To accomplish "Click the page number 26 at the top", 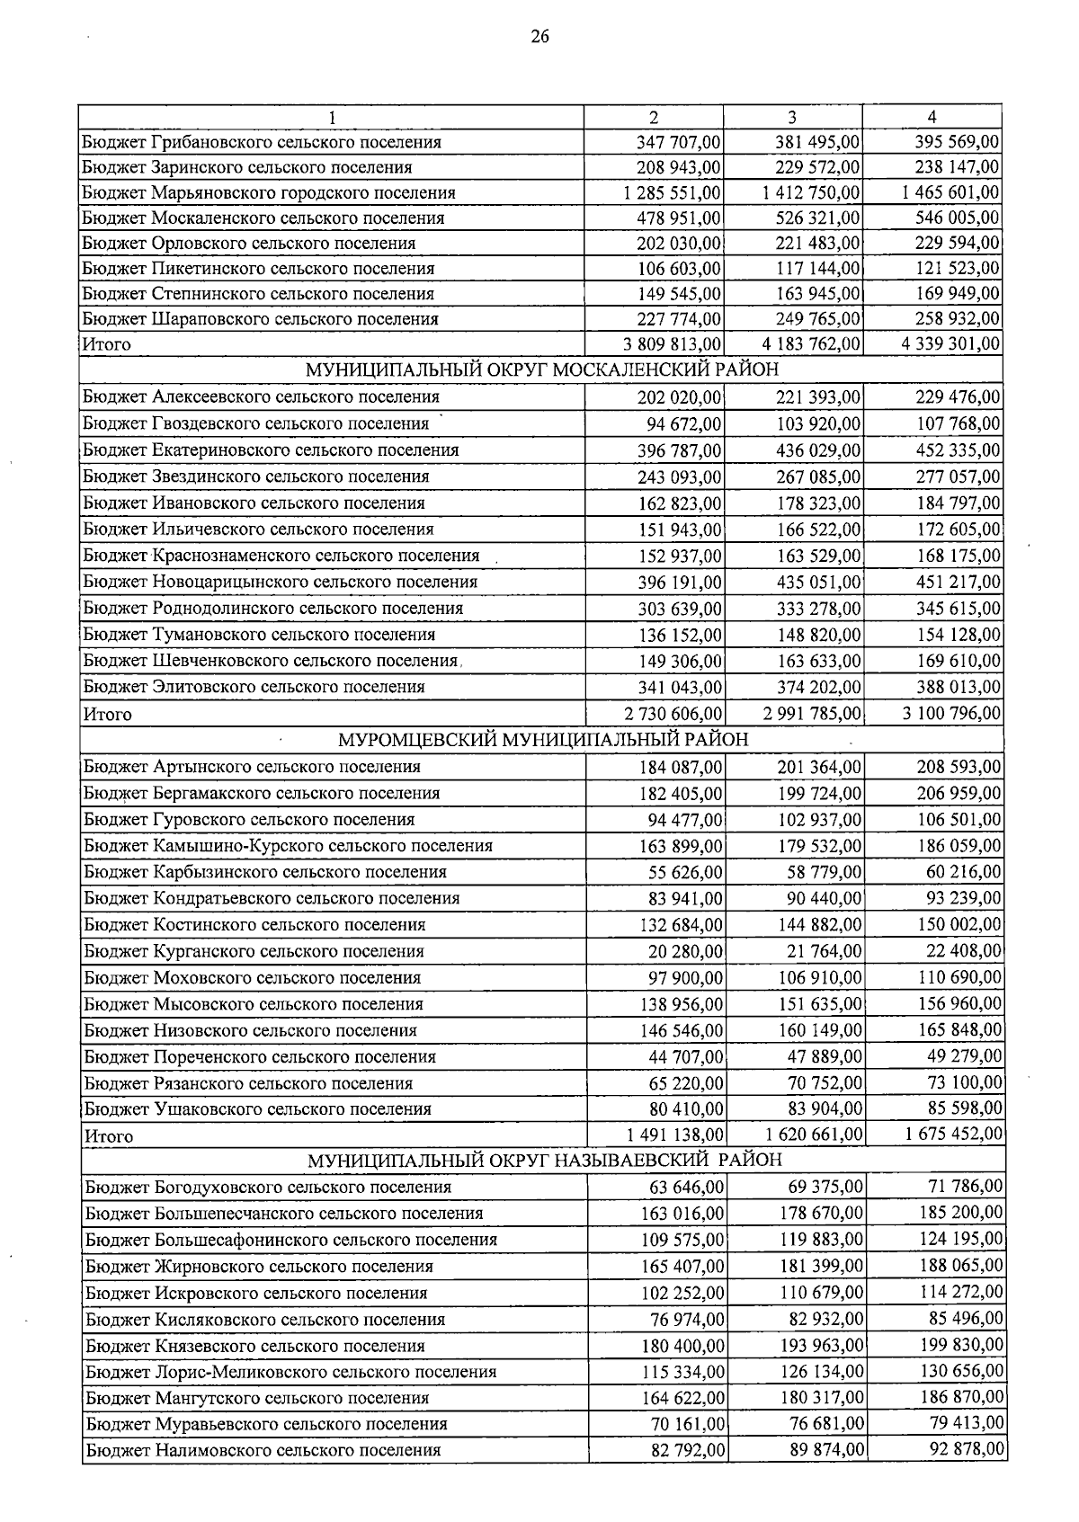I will pos(539,36).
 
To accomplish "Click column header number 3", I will pos(791,117).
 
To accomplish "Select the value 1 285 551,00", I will pos(671,192).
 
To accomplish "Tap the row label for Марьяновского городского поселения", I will pos(269,192).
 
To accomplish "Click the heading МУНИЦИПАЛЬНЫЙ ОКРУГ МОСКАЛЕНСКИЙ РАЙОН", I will pos(542,369).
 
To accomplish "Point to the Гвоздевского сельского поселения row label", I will pos(256,423).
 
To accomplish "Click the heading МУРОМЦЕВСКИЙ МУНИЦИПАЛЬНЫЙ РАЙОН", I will pos(542,740).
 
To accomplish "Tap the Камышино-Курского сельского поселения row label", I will pos(289,846).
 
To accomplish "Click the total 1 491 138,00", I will pos(673,1135).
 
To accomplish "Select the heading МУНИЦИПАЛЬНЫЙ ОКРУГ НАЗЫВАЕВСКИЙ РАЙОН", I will pos(545,1160).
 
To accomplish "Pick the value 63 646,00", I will pos(687,1188).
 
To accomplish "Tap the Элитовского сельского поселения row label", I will pos(254,687).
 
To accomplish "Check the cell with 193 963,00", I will pos(820,1346).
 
